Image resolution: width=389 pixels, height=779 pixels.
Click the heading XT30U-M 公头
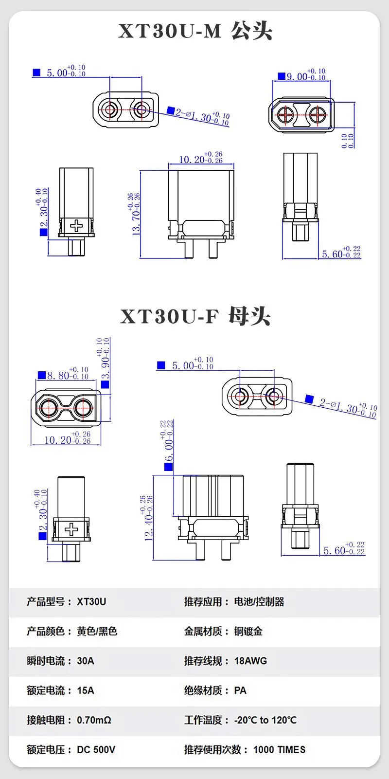[195, 31]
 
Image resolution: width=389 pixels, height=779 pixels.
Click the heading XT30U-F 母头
[195, 316]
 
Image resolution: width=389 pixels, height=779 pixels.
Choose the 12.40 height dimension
[148, 518]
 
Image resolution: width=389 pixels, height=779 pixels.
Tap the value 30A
[86, 661]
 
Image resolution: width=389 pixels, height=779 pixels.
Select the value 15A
[86, 690]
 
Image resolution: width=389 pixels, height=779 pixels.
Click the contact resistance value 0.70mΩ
[94, 720]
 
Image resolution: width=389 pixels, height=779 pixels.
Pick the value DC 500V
[96, 750]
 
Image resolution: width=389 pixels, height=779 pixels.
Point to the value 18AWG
[250, 661]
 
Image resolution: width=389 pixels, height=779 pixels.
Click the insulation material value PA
[240, 690]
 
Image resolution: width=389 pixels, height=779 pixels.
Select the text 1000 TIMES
[279, 750]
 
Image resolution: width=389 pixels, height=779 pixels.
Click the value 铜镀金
[248, 631]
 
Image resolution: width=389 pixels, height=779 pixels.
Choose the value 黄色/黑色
[97, 631]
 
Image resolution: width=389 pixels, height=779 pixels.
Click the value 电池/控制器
[259, 602]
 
